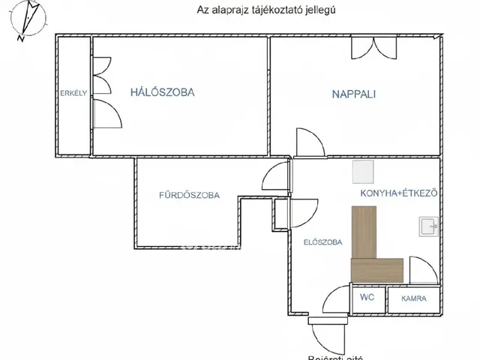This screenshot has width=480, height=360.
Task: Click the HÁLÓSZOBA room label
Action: [x=162, y=93]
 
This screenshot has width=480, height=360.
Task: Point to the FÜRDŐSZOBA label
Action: [x=188, y=196]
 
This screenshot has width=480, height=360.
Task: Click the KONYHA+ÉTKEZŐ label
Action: [x=398, y=193]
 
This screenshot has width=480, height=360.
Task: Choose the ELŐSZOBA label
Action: [x=322, y=242]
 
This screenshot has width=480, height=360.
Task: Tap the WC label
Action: [x=367, y=298]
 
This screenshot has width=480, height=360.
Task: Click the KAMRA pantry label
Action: [x=413, y=298]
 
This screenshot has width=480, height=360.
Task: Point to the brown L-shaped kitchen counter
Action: [x=372, y=251]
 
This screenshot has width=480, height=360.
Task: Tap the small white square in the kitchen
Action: [x=363, y=173]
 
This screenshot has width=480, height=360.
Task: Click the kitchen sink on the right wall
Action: [x=430, y=225]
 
